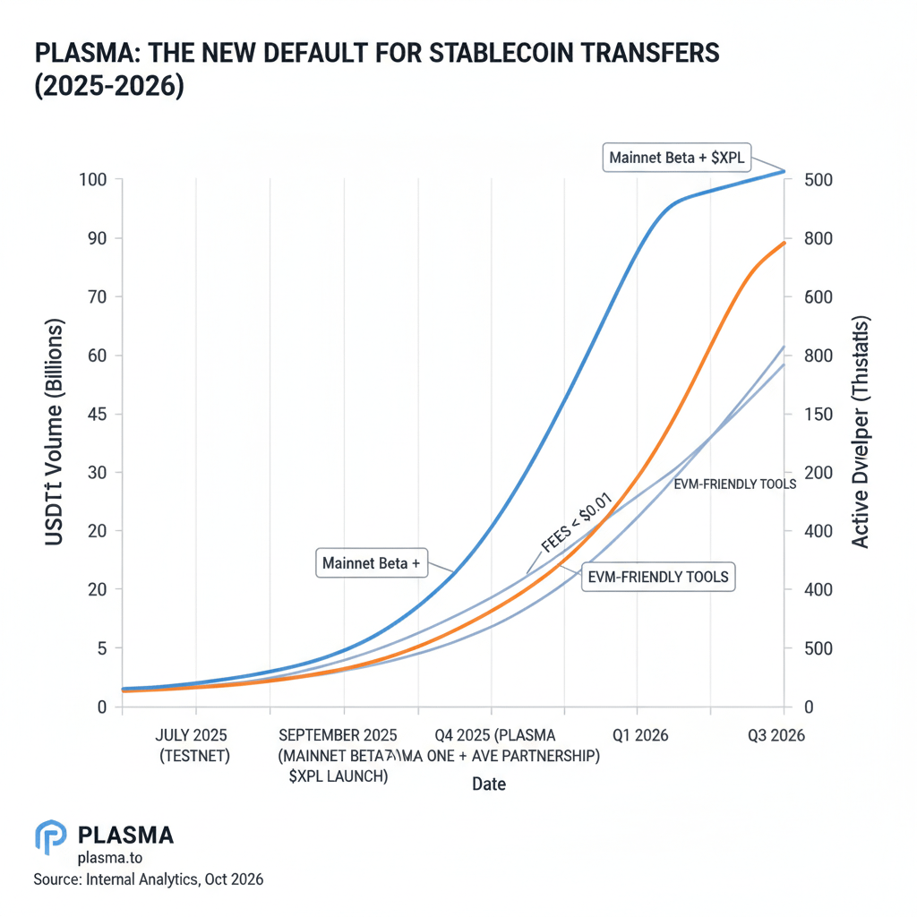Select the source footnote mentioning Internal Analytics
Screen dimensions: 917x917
[149, 879]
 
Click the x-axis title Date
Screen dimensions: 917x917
[489, 784]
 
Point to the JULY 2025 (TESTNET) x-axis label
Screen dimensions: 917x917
[193, 745]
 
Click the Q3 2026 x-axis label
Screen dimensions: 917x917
[776, 735]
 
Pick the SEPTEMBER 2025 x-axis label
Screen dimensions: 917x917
[338, 735]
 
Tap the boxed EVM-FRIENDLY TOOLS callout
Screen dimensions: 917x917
[656, 577]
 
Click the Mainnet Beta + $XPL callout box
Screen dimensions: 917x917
[676, 158]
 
